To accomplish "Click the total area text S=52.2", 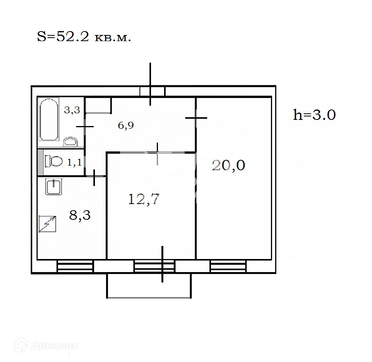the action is (x=63, y=37).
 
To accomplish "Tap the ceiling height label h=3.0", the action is (x=314, y=115).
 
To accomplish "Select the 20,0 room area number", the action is (x=229, y=165).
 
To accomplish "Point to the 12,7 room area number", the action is (x=143, y=199).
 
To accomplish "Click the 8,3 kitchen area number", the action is (x=80, y=216).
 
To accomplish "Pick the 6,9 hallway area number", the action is (x=126, y=125).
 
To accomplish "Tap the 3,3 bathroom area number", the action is (x=72, y=110).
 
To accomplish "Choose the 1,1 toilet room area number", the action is (x=75, y=163).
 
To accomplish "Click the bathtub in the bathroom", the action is (x=49, y=120).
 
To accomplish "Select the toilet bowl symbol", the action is (x=54, y=161).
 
